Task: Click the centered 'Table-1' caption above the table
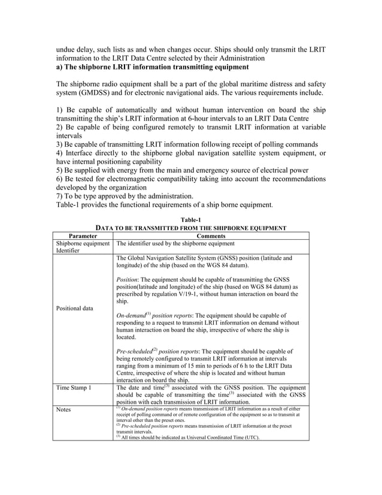[190, 220]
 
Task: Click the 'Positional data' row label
[74, 309]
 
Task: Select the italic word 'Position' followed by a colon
[128, 279]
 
